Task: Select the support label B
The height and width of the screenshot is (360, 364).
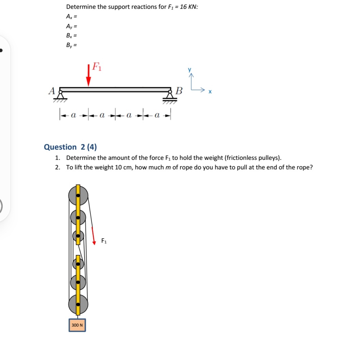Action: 179,91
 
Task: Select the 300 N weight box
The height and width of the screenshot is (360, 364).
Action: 77,325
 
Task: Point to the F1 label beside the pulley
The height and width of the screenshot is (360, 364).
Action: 104,241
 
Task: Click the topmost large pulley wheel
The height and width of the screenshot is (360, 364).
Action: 78,195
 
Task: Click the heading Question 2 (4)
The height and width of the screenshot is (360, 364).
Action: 70,147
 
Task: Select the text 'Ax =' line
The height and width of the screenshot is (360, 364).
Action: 72,16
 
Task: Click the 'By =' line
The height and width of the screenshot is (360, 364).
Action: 72,45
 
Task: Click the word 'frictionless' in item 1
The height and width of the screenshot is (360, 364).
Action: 239,158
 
